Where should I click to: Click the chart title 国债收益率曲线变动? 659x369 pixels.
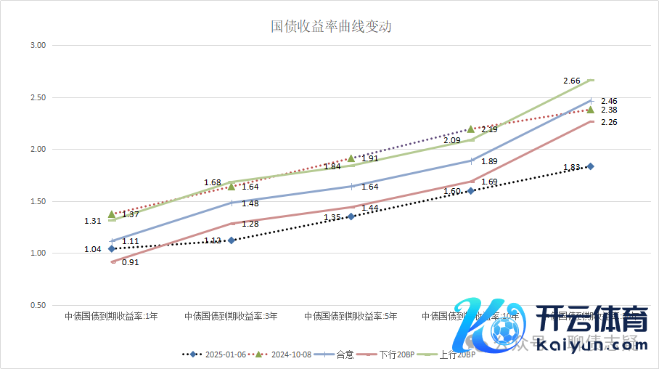[x=331, y=27]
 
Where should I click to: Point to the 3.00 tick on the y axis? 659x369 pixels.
[x=37, y=45]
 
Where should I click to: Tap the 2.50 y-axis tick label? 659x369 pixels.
[x=37, y=97]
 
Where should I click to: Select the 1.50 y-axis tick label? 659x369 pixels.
[x=37, y=201]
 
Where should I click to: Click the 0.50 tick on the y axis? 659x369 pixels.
[x=37, y=305]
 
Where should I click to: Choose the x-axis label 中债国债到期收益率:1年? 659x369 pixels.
[x=111, y=317]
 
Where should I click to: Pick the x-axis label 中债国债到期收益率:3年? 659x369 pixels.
[x=231, y=317]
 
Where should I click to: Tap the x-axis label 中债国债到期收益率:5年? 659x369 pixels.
[x=351, y=317]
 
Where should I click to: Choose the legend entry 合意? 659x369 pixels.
[x=345, y=354]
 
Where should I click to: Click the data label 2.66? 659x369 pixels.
[x=571, y=81]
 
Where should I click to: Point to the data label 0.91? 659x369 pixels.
[x=131, y=262]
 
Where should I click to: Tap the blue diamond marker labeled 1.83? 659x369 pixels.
[x=591, y=166]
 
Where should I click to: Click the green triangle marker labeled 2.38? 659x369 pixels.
[x=591, y=110]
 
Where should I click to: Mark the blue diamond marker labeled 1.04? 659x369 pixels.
[x=112, y=248]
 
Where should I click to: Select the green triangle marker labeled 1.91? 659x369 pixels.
[x=351, y=158]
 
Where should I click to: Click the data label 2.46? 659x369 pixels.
[x=609, y=101]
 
